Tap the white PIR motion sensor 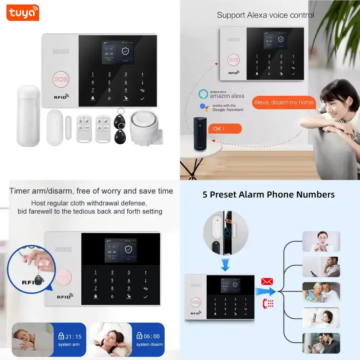(28, 116)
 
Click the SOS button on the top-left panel (61, 79)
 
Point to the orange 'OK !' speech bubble (225, 129)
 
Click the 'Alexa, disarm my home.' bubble (284, 103)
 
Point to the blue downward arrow (225, 266)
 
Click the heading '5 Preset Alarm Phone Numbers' (269, 195)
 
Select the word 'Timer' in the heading (19, 191)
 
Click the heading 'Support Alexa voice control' (265, 15)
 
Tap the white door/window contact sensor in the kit (55, 127)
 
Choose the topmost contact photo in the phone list (321, 242)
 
